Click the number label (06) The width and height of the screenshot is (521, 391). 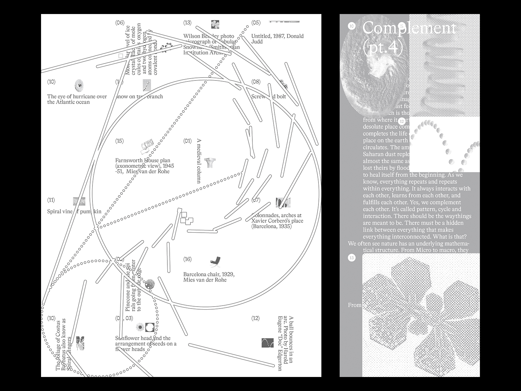tap(120, 23)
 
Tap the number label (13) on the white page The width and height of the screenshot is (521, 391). tap(187, 23)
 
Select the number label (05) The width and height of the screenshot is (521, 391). tap(256, 23)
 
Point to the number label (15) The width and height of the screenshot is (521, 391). tap(120, 141)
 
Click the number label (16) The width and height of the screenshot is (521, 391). tap(187, 259)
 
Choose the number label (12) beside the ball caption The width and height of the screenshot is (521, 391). tap(256, 318)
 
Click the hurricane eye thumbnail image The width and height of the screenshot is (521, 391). tap(79, 85)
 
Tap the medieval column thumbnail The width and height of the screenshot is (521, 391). tap(210, 162)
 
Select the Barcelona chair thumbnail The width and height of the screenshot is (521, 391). tap(215, 261)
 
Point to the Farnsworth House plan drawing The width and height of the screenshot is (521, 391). tap(147, 147)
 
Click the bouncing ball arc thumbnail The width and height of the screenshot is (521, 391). tap(268, 343)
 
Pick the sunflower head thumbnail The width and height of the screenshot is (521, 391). tap(140, 327)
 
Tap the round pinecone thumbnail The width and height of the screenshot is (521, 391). tap(149, 284)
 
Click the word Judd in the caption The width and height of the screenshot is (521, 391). tap(257, 42)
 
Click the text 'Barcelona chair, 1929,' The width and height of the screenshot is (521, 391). tap(209, 274)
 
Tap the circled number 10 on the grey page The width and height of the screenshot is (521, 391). tap(352, 26)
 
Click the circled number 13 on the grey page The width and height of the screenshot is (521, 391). tap(352, 258)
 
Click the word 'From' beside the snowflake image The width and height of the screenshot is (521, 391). tap(355, 305)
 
